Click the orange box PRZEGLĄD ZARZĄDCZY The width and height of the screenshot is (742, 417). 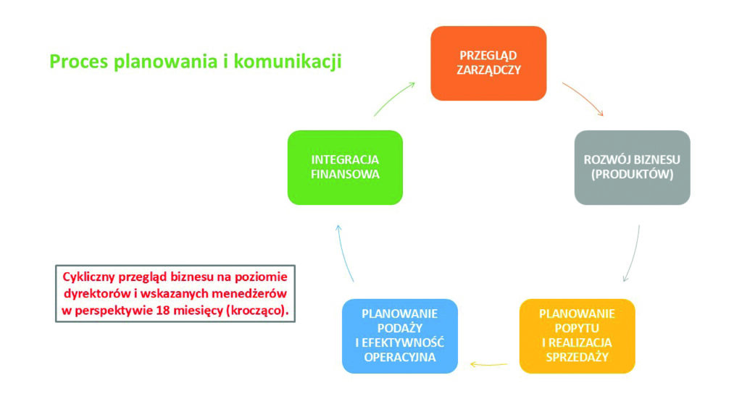click(488, 64)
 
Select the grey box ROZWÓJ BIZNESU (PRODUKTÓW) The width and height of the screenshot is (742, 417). click(632, 167)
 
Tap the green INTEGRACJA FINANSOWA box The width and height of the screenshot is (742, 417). click(345, 167)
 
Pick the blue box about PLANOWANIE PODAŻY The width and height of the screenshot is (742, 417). click(400, 336)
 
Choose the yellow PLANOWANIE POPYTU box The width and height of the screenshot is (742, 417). click(578, 336)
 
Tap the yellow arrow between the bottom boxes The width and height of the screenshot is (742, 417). click(488, 365)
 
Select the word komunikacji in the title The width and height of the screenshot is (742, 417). click(288, 62)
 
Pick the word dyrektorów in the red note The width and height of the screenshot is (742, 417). click(98, 294)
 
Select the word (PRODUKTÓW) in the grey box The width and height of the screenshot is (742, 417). click(632, 174)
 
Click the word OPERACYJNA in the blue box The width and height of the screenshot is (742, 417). click(400, 357)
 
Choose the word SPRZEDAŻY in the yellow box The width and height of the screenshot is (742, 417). click(578, 357)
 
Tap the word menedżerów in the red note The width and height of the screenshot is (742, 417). click(249, 294)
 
